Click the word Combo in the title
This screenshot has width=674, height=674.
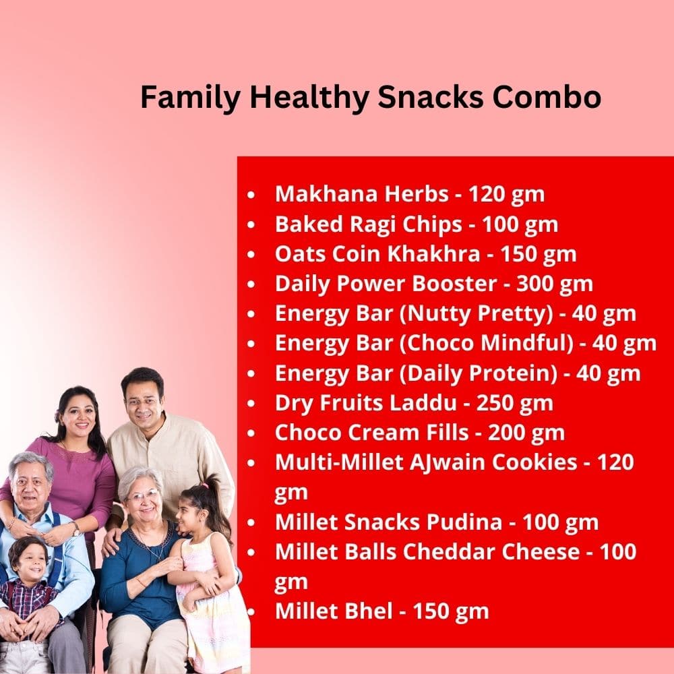(x=547, y=97)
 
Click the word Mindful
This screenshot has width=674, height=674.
(x=524, y=343)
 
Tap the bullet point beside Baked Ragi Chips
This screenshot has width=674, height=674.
(x=251, y=225)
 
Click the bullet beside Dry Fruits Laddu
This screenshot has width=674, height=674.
(x=251, y=404)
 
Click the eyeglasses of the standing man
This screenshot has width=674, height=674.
(x=142, y=402)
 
